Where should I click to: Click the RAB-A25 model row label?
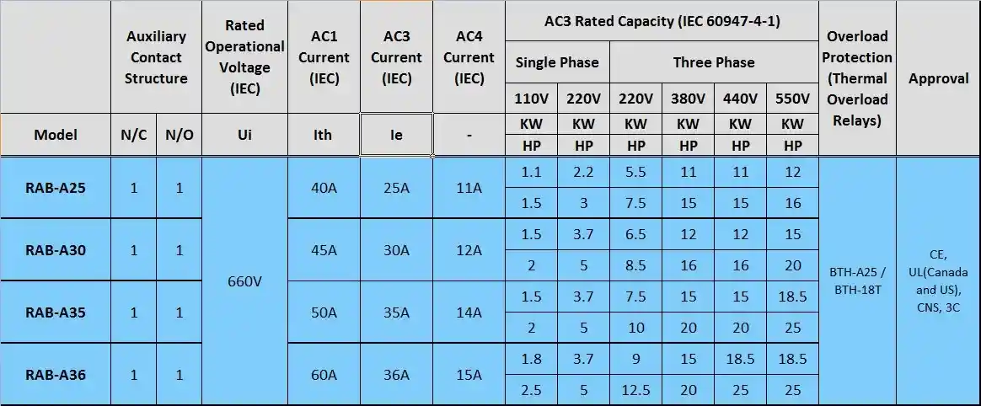pyautogui.click(x=56, y=188)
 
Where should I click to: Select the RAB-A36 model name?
pyautogui.click(x=56, y=375)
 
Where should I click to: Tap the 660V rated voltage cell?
pyautogui.click(x=245, y=281)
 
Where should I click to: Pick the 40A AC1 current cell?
pyautogui.click(x=324, y=188)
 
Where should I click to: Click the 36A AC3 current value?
pyautogui.click(x=397, y=375)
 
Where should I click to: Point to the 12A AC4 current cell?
pyautogui.click(x=469, y=250)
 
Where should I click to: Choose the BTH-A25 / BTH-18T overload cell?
pyautogui.click(x=857, y=280)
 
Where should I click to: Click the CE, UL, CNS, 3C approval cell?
pyautogui.click(x=938, y=280)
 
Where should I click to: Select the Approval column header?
pyautogui.click(x=938, y=78)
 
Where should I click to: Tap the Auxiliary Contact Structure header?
pyautogui.click(x=156, y=57)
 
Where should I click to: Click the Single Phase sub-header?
pyautogui.click(x=557, y=62)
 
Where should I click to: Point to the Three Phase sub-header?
pyautogui.click(x=714, y=62)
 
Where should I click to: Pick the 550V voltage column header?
pyautogui.click(x=792, y=99)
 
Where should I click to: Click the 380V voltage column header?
pyautogui.click(x=688, y=99)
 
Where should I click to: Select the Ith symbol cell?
pyautogui.click(x=324, y=135)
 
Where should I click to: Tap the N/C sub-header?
pyautogui.click(x=134, y=135)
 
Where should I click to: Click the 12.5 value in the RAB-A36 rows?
pyautogui.click(x=636, y=391)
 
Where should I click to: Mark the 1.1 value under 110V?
pyautogui.click(x=532, y=172)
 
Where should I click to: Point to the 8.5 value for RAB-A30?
pyautogui.click(x=636, y=266)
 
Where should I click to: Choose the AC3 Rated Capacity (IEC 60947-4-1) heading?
pyautogui.click(x=662, y=21)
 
